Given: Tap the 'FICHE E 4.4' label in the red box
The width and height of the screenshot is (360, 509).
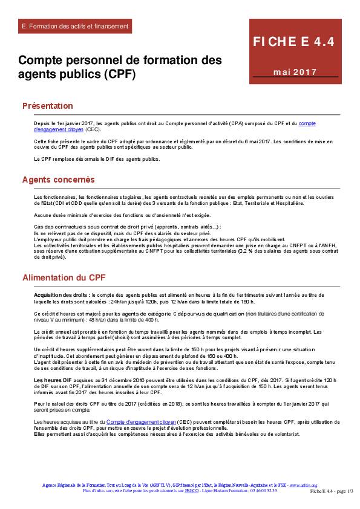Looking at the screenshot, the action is pyautogui.click(x=293, y=42).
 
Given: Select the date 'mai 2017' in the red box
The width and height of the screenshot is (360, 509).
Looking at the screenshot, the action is pyautogui.click(x=295, y=73).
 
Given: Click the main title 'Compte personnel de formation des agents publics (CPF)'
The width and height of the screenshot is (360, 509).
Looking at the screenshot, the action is pyautogui.click(x=120, y=67).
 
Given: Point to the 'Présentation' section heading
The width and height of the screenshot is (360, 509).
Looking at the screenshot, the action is pyautogui.click(x=47, y=106).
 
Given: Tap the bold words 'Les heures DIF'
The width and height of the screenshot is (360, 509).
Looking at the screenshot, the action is pyautogui.click(x=52, y=379).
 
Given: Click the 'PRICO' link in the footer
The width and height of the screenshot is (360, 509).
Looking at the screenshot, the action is pyautogui.click(x=192, y=490).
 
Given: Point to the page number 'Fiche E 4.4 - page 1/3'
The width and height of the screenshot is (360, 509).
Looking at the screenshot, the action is pyautogui.click(x=332, y=491).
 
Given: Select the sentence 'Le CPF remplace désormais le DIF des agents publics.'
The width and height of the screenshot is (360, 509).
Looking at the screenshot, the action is pyautogui.click(x=97, y=159).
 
